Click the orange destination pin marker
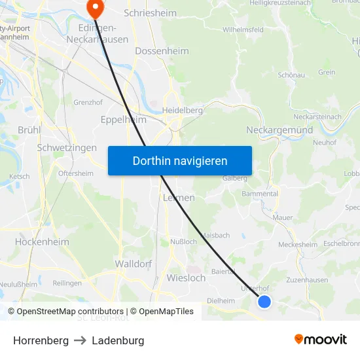(95, 7)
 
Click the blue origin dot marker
(264, 301)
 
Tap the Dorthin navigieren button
(180, 160)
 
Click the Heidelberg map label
(183, 110)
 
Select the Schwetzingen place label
(67, 148)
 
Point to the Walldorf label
(133, 263)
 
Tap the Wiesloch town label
(186, 278)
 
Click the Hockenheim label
(42, 242)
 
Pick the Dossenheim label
(162, 51)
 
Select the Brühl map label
(29, 130)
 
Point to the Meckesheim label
(298, 245)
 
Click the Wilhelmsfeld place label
(243, 29)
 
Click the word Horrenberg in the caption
(41, 340)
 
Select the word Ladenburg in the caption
(118, 340)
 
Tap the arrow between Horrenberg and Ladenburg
(80, 340)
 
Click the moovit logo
(321, 339)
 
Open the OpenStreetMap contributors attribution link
(70, 312)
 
